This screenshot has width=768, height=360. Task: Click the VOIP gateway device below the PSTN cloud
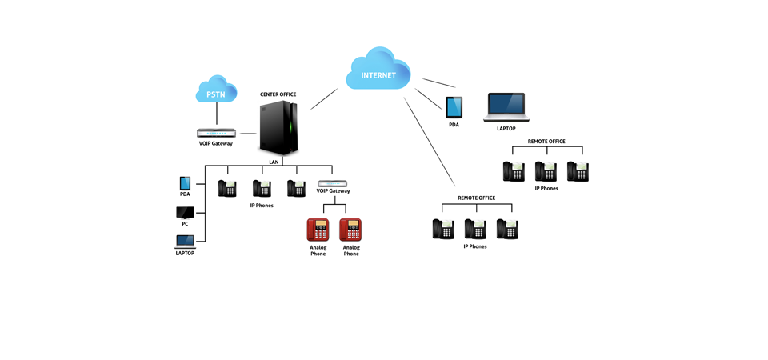coord(216,133)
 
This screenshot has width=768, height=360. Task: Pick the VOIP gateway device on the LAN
coord(333,183)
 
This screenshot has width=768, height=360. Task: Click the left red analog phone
coord(318,230)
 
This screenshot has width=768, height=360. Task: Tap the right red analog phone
coord(350,230)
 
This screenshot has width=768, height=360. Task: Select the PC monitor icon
coord(185,213)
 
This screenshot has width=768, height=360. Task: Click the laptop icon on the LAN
coord(185,242)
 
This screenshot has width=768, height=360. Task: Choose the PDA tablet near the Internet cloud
coord(454,107)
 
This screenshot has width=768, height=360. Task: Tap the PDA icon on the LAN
coord(185,184)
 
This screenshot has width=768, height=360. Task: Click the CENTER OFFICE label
coord(278,94)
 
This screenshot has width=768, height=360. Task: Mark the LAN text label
coord(274,162)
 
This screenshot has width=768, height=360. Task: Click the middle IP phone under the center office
coord(262,188)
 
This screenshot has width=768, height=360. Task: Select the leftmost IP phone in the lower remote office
coord(443,229)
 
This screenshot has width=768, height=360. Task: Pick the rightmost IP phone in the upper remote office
coord(578,171)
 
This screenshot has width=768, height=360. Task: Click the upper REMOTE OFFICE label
coord(546,142)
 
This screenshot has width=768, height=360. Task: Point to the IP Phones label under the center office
coord(262,206)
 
